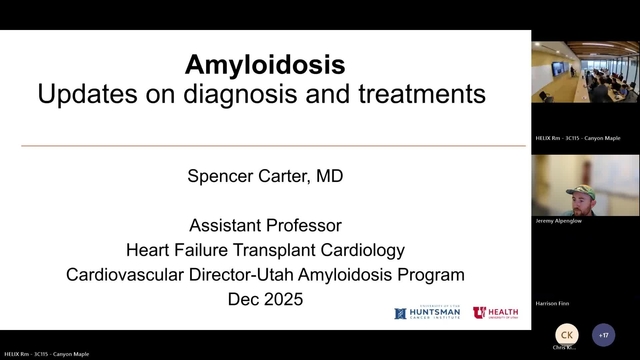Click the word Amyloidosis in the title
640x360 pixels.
[265, 66]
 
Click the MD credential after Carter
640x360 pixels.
[325, 177]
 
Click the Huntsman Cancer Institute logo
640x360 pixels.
[427, 313]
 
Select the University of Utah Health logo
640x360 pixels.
[495, 313]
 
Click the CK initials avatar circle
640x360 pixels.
[566, 335]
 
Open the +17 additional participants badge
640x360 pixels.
[603, 335]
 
